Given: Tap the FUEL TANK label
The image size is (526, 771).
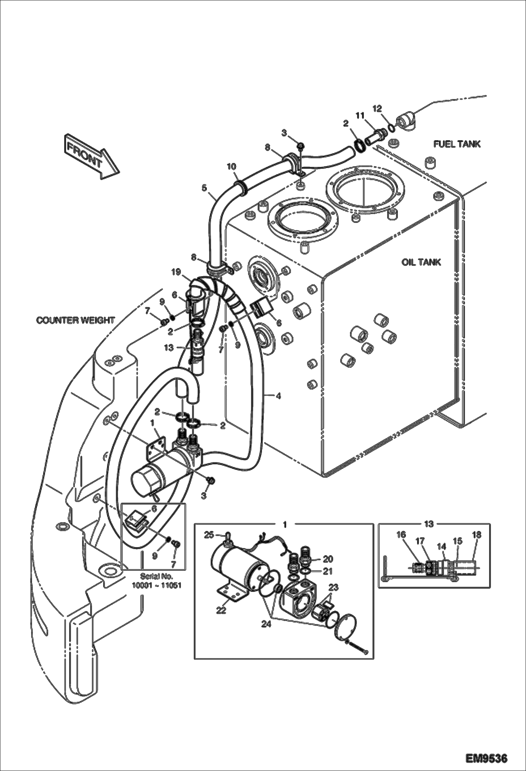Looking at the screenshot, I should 456,144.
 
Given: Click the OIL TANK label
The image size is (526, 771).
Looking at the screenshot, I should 421,263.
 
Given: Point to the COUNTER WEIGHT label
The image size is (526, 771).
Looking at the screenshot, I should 75,320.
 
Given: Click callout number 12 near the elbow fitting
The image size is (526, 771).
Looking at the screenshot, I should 377,109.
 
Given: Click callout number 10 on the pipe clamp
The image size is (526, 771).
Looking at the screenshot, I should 232,166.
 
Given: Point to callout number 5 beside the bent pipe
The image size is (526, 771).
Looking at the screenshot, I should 204,188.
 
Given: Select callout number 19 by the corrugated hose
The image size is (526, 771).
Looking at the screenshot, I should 176,271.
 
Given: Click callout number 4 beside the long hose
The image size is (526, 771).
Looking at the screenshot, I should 278,396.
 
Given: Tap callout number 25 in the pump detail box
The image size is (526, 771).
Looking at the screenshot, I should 209,535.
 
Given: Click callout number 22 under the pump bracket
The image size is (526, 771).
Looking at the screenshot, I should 221,611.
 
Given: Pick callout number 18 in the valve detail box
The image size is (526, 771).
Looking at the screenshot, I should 476,535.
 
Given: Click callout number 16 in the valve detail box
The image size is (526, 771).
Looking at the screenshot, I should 401,535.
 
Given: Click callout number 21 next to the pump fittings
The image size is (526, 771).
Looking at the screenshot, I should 327,571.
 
